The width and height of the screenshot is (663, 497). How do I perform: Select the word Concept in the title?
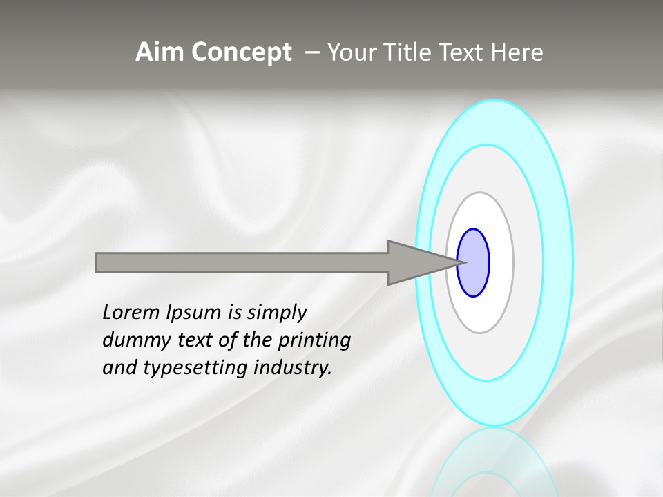coord(241,52)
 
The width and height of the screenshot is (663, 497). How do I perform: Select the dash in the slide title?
coord(311,52)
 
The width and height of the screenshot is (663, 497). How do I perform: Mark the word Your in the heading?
coord(349,52)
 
